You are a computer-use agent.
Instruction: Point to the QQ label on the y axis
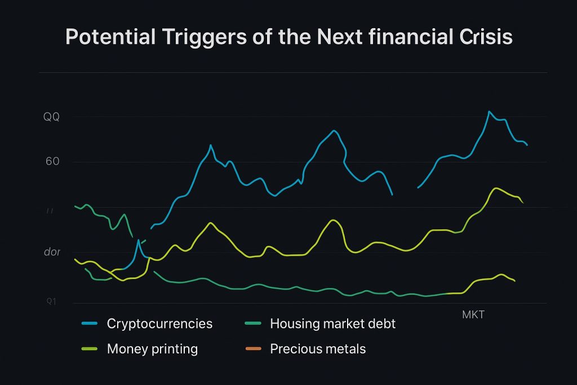coord(51,117)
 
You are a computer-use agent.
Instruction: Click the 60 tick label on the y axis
coord(52,162)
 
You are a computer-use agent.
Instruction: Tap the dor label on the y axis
coord(52,252)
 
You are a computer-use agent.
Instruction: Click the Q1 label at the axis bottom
coord(51,302)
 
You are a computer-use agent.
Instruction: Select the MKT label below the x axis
coord(473,315)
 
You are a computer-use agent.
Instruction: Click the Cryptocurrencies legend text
coord(159,324)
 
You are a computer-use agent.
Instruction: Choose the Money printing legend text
coord(152,349)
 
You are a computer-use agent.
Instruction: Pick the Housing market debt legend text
coord(332,324)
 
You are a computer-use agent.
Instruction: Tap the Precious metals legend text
coord(318,349)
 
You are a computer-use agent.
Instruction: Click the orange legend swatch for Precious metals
coord(254,349)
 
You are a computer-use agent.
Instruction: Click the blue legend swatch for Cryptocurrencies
coord(90,324)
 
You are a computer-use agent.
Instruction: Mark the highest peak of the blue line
coord(489,112)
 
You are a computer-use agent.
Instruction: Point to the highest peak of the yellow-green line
coord(495,188)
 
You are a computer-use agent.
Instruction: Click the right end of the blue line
coord(527,145)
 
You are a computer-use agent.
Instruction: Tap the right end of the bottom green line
coord(514,281)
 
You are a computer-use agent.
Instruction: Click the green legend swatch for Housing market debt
coord(254,324)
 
